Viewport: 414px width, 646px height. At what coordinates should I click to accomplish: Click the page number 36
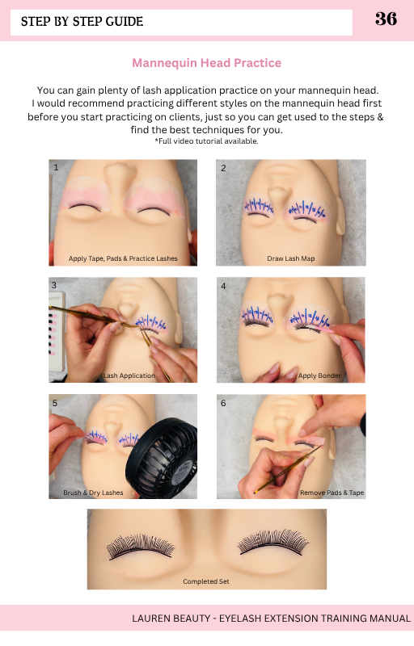[386, 19]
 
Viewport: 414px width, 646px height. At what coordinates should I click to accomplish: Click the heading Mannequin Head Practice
[206, 63]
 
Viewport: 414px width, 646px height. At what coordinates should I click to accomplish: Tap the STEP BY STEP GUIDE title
[82, 22]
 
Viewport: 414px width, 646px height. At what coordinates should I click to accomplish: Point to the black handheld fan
[161, 459]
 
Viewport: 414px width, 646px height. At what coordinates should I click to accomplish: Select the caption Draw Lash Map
[291, 258]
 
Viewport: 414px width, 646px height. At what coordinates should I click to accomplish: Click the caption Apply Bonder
[319, 375]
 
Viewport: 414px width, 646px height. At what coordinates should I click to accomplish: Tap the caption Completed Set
[206, 581]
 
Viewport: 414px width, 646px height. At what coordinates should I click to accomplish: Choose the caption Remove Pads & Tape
[332, 493]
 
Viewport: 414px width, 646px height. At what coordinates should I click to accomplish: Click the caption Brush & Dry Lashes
[93, 493]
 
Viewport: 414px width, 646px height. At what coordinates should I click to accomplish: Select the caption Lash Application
[129, 375]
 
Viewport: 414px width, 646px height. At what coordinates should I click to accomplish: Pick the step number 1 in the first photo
[56, 168]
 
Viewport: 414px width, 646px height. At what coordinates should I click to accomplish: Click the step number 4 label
[223, 286]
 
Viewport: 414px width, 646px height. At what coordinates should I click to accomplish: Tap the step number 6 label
[223, 403]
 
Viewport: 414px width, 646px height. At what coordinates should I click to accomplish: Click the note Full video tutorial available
[206, 141]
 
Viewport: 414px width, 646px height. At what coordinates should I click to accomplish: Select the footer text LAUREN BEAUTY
[171, 619]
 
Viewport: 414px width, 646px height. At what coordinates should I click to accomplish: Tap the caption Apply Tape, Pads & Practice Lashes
[123, 258]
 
